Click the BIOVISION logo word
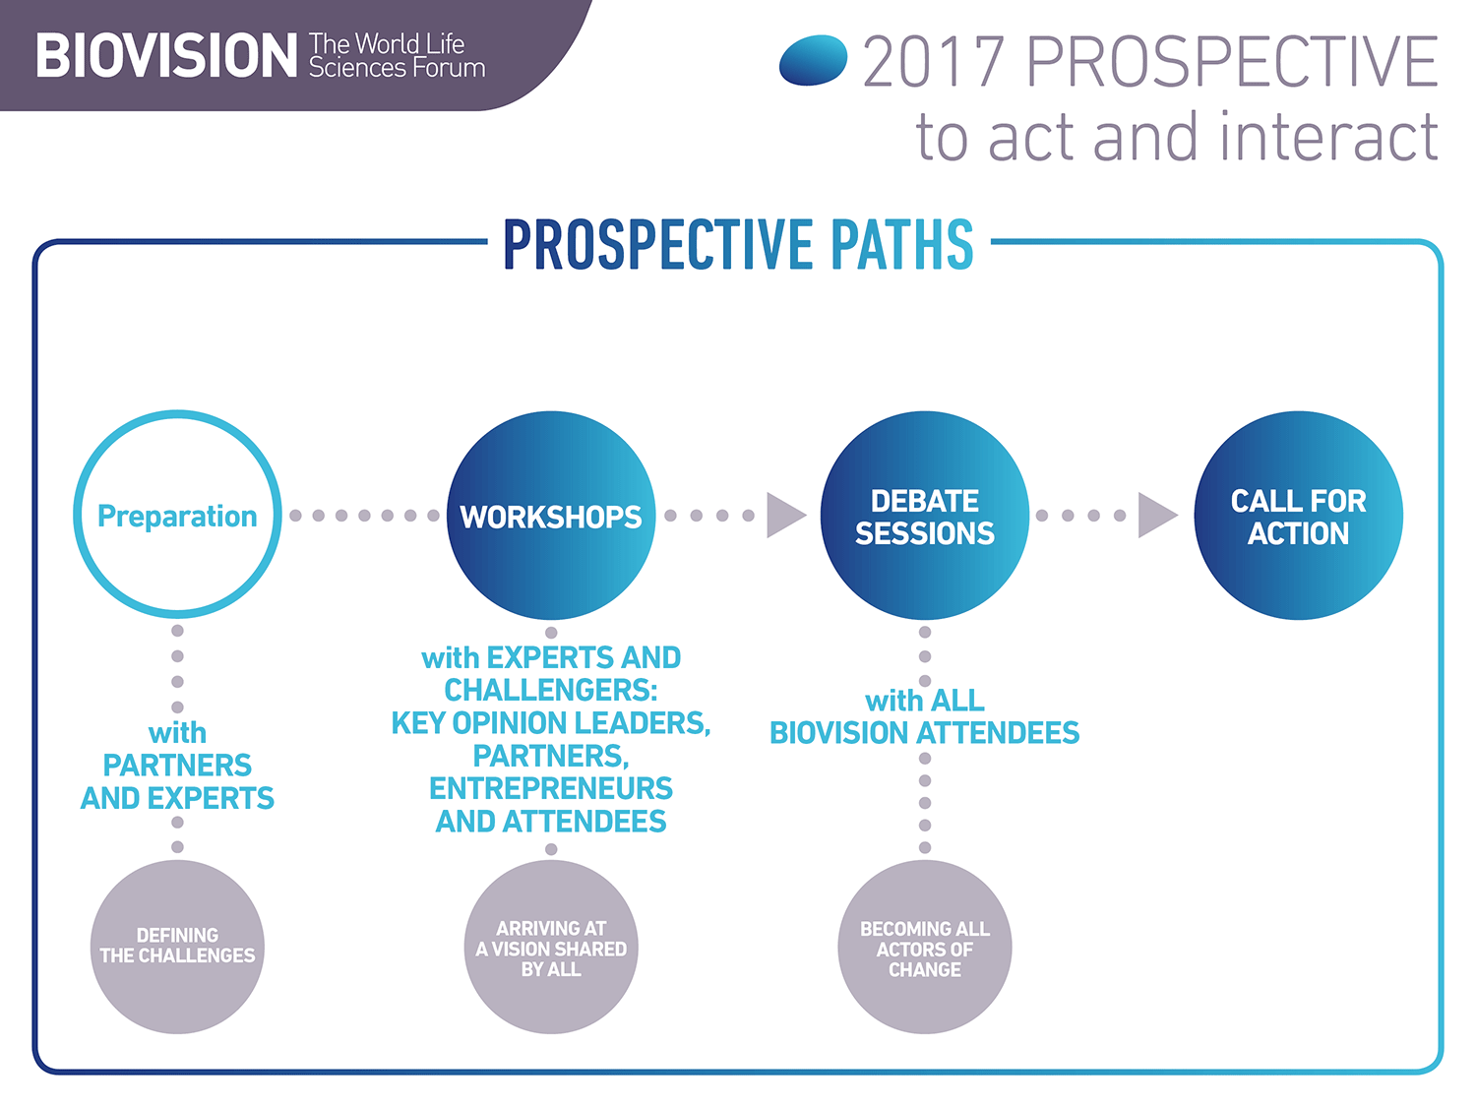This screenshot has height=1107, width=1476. tap(166, 55)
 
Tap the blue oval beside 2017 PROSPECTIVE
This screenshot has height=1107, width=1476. tap(813, 60)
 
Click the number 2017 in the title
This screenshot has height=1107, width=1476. tap(934, 61)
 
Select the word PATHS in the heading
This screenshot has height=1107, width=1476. tap(901, 245)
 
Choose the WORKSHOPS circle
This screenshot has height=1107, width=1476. tap(551, 516)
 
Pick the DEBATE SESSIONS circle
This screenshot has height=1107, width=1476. tap(925, 516)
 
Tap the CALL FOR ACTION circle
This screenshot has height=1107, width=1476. tap(1299, 516)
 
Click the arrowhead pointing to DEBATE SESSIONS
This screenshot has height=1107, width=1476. tap(785, 516)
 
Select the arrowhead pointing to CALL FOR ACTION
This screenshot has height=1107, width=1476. tap(1156, 516)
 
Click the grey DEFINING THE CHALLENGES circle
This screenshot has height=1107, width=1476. tap(177, 947)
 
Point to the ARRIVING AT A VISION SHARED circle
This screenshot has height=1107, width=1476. tap(551, 947)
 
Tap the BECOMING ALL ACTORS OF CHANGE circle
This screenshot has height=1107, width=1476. tap(925, 947)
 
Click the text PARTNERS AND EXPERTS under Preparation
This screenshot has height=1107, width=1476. tap(177, 781)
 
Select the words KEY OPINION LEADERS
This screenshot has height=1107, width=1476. tap(551, 723)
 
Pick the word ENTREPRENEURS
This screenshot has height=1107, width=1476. tap(551, 788)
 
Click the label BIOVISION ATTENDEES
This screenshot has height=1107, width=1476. tap(925, 733)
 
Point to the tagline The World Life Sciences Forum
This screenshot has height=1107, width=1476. tap(397, 56)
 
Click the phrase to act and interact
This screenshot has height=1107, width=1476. tap(1177, 137)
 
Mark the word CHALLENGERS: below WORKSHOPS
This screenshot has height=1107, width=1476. tap(551, 691)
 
